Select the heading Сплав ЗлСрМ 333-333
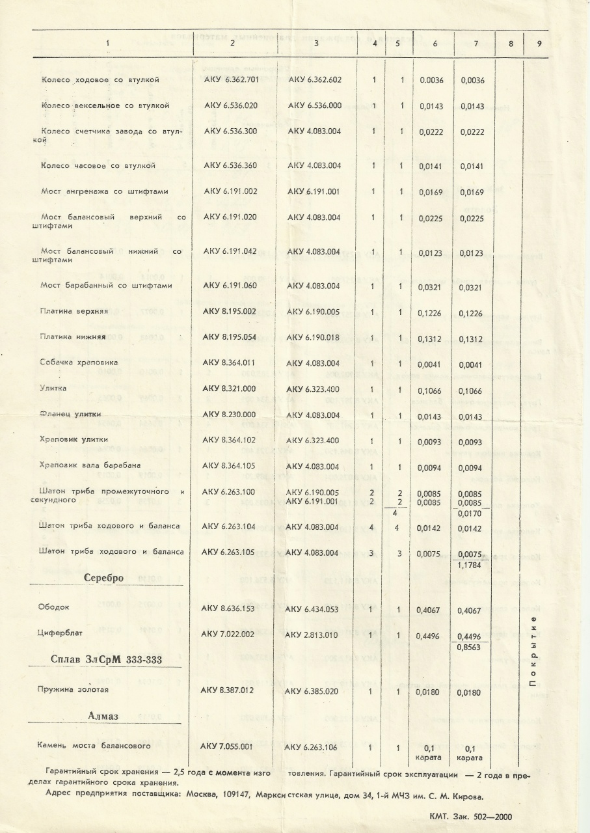click(106, 660)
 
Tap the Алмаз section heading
click(106, 716)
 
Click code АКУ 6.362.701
click(231, 80)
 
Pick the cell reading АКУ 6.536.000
click(314, 105)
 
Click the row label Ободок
click(55, 607)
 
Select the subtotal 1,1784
click(468, 566)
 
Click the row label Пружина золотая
click(73, 689)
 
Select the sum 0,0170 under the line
click(470, 515)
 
